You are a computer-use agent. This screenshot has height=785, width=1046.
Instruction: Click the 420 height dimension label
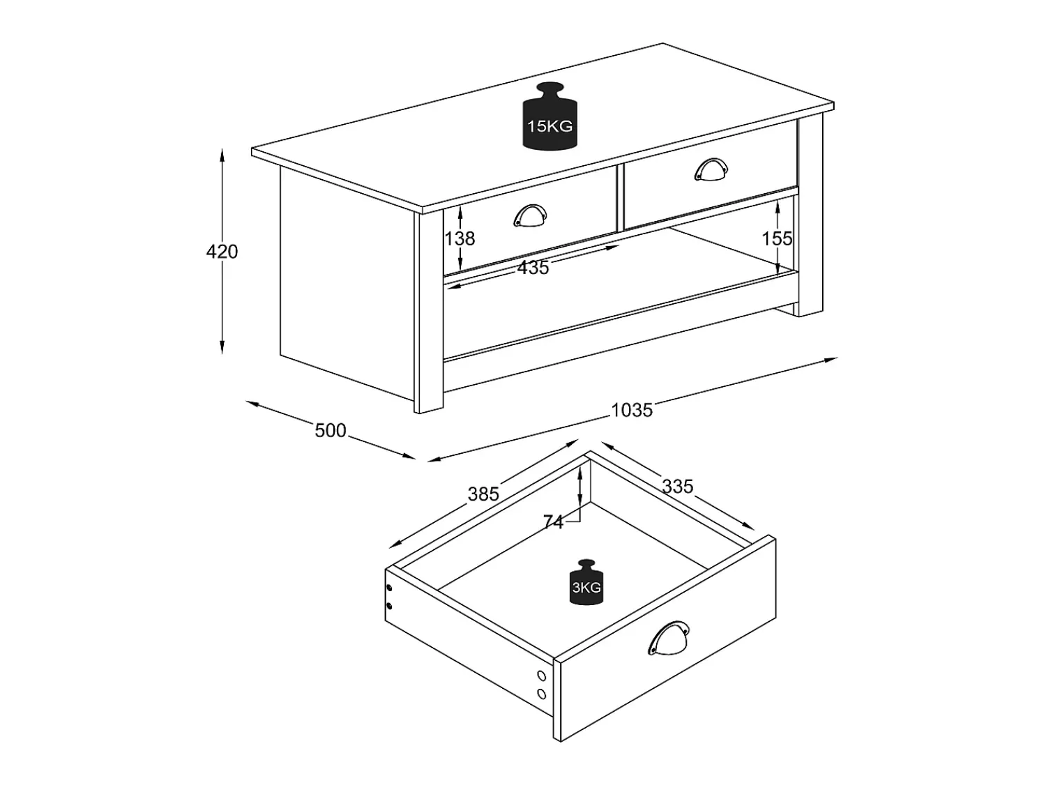(x=222, y=252)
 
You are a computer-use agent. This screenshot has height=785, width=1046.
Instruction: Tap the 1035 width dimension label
(x=631, y=410)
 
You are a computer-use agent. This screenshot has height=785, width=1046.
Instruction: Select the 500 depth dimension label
(x=331, y=431)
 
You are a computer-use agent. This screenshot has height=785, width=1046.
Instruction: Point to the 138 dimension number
(x=460, y=238)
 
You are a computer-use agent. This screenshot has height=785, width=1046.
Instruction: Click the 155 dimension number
(x=777, y=238)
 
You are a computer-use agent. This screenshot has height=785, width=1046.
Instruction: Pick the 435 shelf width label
(x=533, y=268)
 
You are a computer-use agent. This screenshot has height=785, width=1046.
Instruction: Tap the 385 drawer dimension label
(x=483, y=494)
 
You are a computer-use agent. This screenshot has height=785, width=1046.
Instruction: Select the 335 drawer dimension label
(x=678, y=487)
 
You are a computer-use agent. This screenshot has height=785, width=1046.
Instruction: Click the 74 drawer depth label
(x=553, y=523)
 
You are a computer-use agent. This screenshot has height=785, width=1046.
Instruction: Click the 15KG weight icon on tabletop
(x=550, y=116)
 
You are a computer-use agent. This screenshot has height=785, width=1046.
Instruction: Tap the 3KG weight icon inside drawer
(x=586, y=582)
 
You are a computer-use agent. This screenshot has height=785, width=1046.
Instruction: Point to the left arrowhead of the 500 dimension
(x=252, y=404)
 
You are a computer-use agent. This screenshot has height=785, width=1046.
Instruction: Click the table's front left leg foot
(x=428, y=409)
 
